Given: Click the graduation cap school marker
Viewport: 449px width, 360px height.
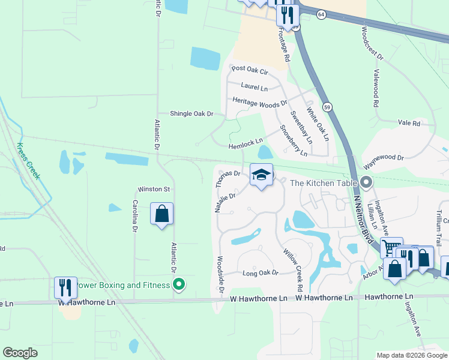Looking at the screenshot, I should click(261, 175).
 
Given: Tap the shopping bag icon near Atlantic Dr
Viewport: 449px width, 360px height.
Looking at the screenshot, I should click(161, 214).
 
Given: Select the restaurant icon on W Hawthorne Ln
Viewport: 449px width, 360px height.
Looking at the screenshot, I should click(65, 287).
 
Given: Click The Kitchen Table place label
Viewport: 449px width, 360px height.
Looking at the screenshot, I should click(324, 182).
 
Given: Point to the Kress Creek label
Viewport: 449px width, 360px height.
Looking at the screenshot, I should click(28, 161).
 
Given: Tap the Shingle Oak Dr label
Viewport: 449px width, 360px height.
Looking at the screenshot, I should click(191, 113).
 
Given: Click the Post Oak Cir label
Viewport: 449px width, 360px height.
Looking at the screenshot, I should click(249, 70).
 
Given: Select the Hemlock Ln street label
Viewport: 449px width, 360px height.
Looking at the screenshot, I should click(246, 142).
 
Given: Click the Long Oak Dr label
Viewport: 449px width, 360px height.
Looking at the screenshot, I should click(261, 273).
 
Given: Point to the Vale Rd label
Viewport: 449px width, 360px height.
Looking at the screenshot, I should click(409, 122).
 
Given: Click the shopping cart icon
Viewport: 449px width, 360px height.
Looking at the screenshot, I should click(391, 247).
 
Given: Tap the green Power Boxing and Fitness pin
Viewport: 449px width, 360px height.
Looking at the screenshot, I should click(178, 284).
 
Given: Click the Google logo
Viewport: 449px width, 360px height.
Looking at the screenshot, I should click(20, 352).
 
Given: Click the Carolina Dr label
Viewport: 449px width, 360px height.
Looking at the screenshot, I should click(135, 216).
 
